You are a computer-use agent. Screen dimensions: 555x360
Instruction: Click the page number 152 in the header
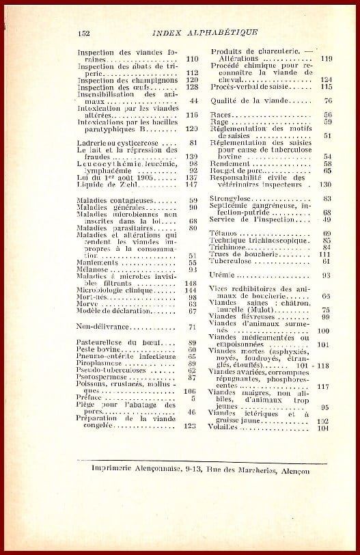coord(84,31)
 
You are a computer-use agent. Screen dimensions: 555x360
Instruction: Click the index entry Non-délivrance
coord(103,327)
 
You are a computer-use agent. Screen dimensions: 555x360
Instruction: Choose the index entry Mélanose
coord(94,269)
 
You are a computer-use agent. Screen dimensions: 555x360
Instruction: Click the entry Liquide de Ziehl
coord(108,185)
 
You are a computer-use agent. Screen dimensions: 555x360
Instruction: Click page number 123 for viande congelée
coord(191,426)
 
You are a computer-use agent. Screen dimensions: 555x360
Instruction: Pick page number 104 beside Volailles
coord(324,429)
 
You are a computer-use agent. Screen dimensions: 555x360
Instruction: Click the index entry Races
coord(221,114)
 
